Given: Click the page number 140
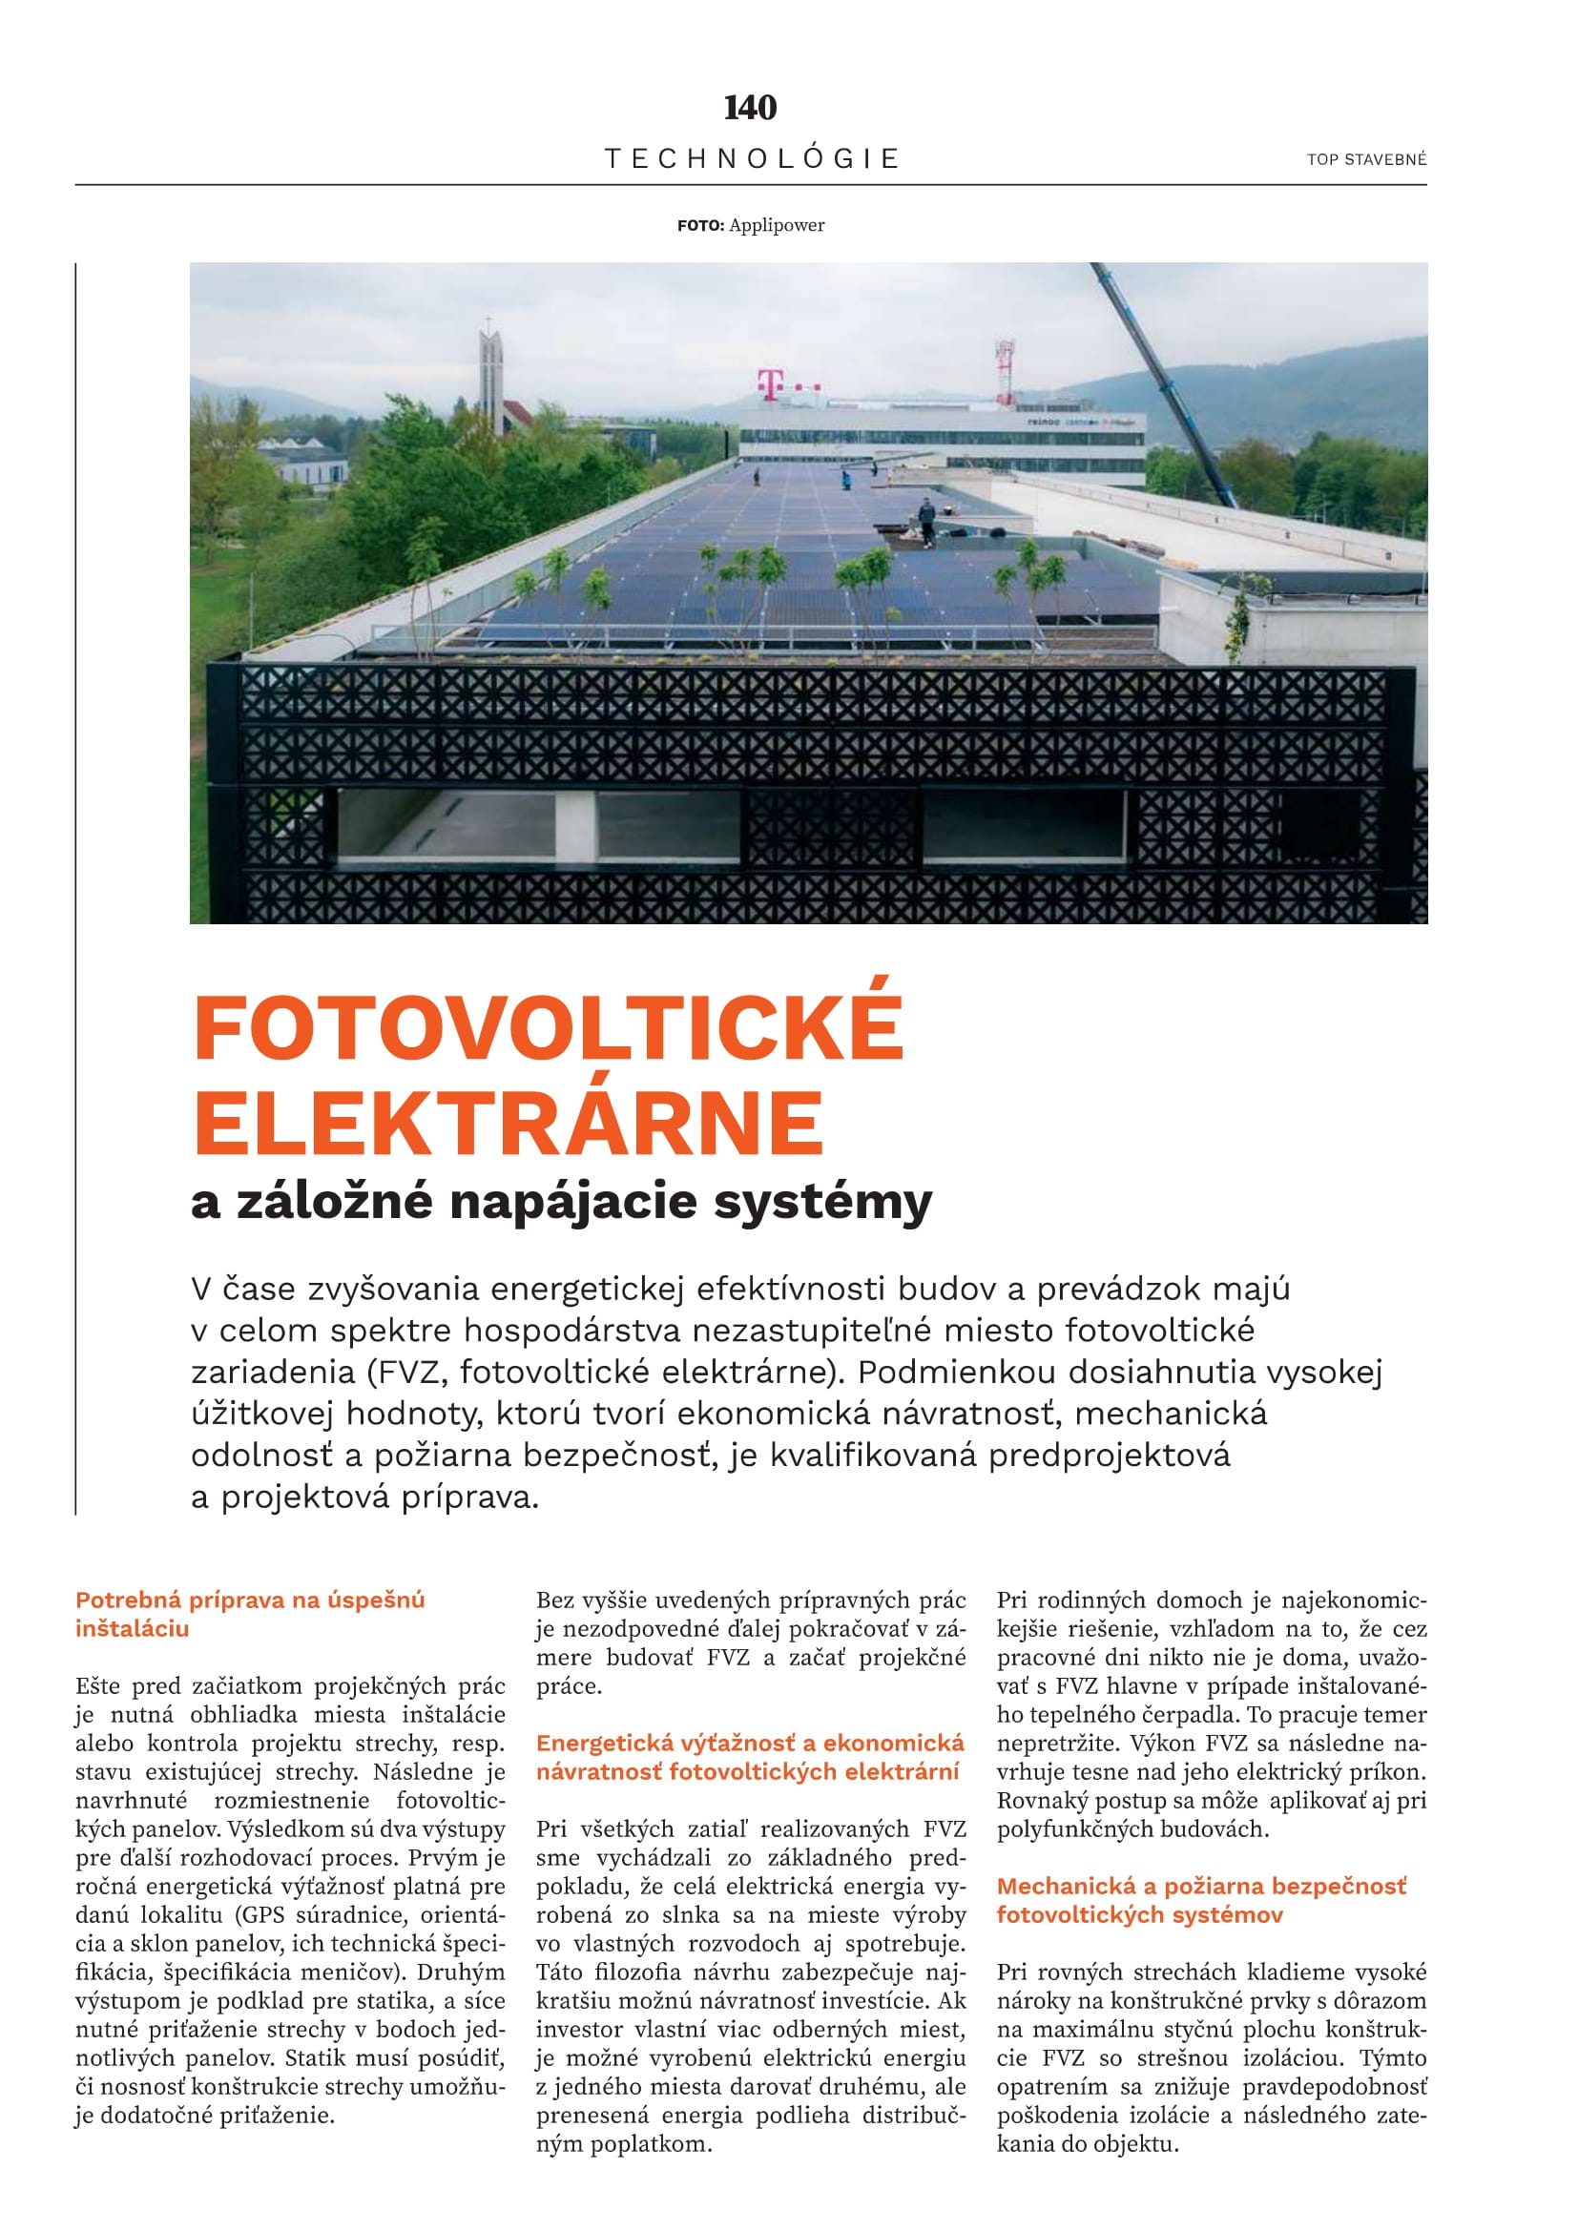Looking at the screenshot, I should click(750, 107).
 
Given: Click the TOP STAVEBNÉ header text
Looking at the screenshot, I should click(1366, 159).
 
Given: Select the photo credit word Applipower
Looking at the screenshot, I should click(777, 225).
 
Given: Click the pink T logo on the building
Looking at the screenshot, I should click(770, 383).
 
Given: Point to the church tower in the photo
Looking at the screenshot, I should click(489, 374).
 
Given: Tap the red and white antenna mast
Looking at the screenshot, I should click(1006, 369).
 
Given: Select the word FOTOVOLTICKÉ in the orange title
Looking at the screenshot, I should click(549, 1029).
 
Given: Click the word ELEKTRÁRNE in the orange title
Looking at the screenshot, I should click(509, 1123).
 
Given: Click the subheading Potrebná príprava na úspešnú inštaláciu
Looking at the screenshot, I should click(250, 1614).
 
